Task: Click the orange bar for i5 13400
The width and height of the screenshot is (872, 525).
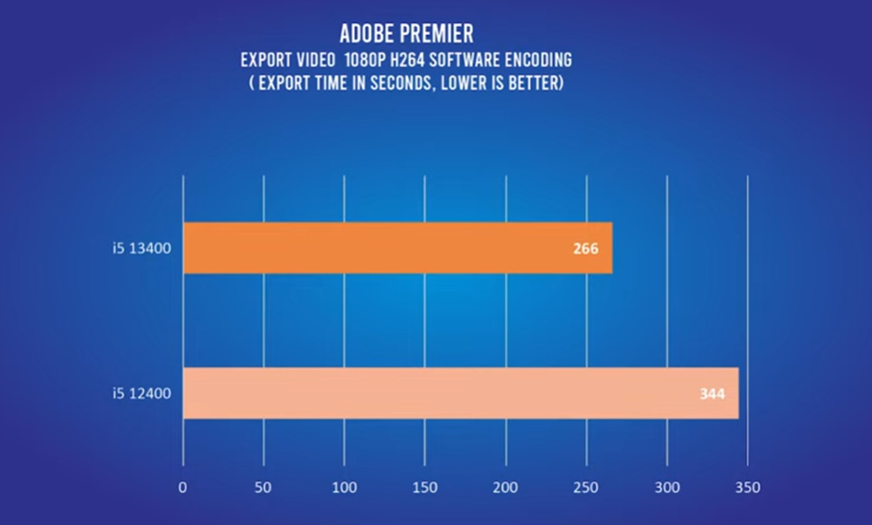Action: tap(397, 249)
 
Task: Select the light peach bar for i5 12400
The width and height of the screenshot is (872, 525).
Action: tap(460, 393)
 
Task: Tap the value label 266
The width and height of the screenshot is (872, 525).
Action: tap(586, 249)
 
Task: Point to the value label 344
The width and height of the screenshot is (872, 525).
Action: tap(712, 393)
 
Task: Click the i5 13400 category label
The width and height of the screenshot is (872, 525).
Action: tap(140, 249)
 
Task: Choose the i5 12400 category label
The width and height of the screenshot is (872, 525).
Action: tap(140, 393)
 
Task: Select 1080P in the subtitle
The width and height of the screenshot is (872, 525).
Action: tap(359, 62)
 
